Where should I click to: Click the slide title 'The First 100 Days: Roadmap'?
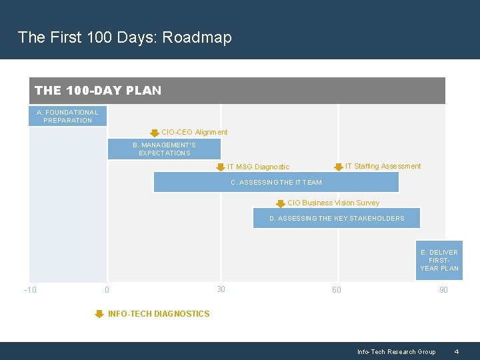click(x=125, y=37)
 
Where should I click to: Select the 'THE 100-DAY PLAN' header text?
click(x=98, y=91)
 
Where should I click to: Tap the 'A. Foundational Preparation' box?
click(x=67, y=117)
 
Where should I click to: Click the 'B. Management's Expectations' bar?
click(x=164, y=149)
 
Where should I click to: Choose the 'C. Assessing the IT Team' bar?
click(x=276, y=182)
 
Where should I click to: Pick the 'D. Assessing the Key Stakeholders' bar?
click(x=337, y=218)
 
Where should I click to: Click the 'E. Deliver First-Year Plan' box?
click(x=439, y=260)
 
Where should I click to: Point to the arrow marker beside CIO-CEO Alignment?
click(x=155, y=133)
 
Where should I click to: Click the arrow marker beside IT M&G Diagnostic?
click(x=221, y=167)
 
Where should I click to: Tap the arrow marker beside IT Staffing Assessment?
click(x=339, y=167)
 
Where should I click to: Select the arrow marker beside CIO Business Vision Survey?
click(x=281, y=203)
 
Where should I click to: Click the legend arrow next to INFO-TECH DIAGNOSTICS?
click(x=99, y=314)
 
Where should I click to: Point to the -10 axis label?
click(x=30, y=290)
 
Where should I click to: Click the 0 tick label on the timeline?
click(x=107, y=290)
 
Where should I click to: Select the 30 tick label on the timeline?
click(x=221, y=289)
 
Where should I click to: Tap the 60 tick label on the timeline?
click(x=337, y=290)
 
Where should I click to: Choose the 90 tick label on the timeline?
click(x=443, y=290)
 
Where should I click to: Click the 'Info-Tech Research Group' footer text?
click(x=396, y=352)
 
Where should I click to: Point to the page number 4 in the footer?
click(x=456, y=352)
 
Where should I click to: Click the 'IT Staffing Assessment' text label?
click(x=383, y=166)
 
